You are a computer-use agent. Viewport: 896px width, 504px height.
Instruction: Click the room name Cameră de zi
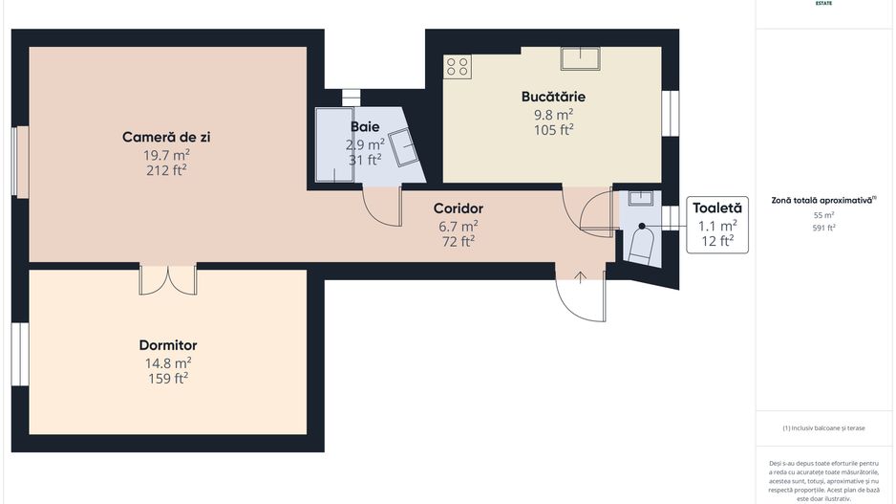coord(166,137)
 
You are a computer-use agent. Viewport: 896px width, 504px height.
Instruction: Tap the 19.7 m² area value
coord(166,154)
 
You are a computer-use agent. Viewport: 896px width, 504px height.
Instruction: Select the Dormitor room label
coord(168,345)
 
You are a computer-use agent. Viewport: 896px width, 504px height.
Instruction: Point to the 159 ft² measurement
coord(168,379)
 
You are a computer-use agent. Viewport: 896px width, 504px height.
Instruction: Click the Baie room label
coord(365,126)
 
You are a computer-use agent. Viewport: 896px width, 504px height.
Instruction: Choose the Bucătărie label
coord(553,97)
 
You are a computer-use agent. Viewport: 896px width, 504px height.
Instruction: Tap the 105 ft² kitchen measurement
coord(553,130)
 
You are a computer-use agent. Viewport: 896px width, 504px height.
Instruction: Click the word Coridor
coord(459,208)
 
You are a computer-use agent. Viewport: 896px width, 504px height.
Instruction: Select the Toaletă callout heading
coord(717,208)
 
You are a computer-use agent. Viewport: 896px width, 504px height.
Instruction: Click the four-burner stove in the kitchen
coord(458,66)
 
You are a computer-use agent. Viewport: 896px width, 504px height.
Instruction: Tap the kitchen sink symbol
coord(580,59)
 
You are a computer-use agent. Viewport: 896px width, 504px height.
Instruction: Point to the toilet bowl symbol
coord(640,247)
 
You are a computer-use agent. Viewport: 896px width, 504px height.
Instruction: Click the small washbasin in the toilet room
coord(639,199)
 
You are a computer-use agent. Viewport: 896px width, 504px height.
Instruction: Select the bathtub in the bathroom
coord(333,144)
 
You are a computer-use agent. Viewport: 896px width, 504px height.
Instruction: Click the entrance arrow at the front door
coord(581,277)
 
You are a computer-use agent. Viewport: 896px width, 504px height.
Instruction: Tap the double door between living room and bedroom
coord(168,278)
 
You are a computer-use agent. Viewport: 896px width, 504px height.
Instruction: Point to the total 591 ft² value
coord(823,228)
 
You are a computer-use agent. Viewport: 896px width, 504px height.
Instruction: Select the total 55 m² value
coord(823,215)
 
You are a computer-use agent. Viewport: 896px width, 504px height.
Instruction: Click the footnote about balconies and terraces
coord(823,427)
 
